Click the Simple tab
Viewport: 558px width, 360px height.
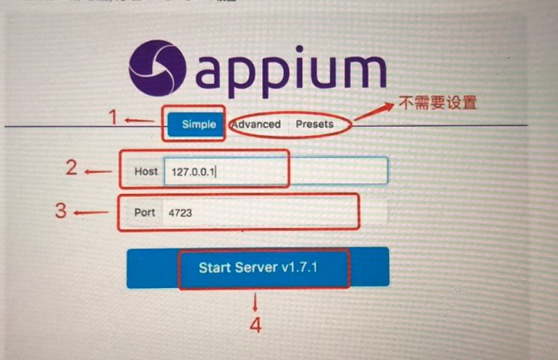[x=198, y=125]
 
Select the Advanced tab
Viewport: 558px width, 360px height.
[x=256, y=125]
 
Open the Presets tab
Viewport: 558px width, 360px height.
[x=314, y=125]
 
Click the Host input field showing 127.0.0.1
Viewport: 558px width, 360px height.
[x=275, y=172]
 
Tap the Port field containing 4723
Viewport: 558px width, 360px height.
[x=259, y=213]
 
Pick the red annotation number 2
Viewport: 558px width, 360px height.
[x=72, y=168]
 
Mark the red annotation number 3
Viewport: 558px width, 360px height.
[x=61, y=211]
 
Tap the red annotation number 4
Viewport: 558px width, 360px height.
[x=256, y=325]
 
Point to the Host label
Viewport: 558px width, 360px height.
[x=146, y=172]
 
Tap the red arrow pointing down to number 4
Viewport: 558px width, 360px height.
[x=256, y=302]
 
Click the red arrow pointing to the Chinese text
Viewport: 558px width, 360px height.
[x=373, y=113]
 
